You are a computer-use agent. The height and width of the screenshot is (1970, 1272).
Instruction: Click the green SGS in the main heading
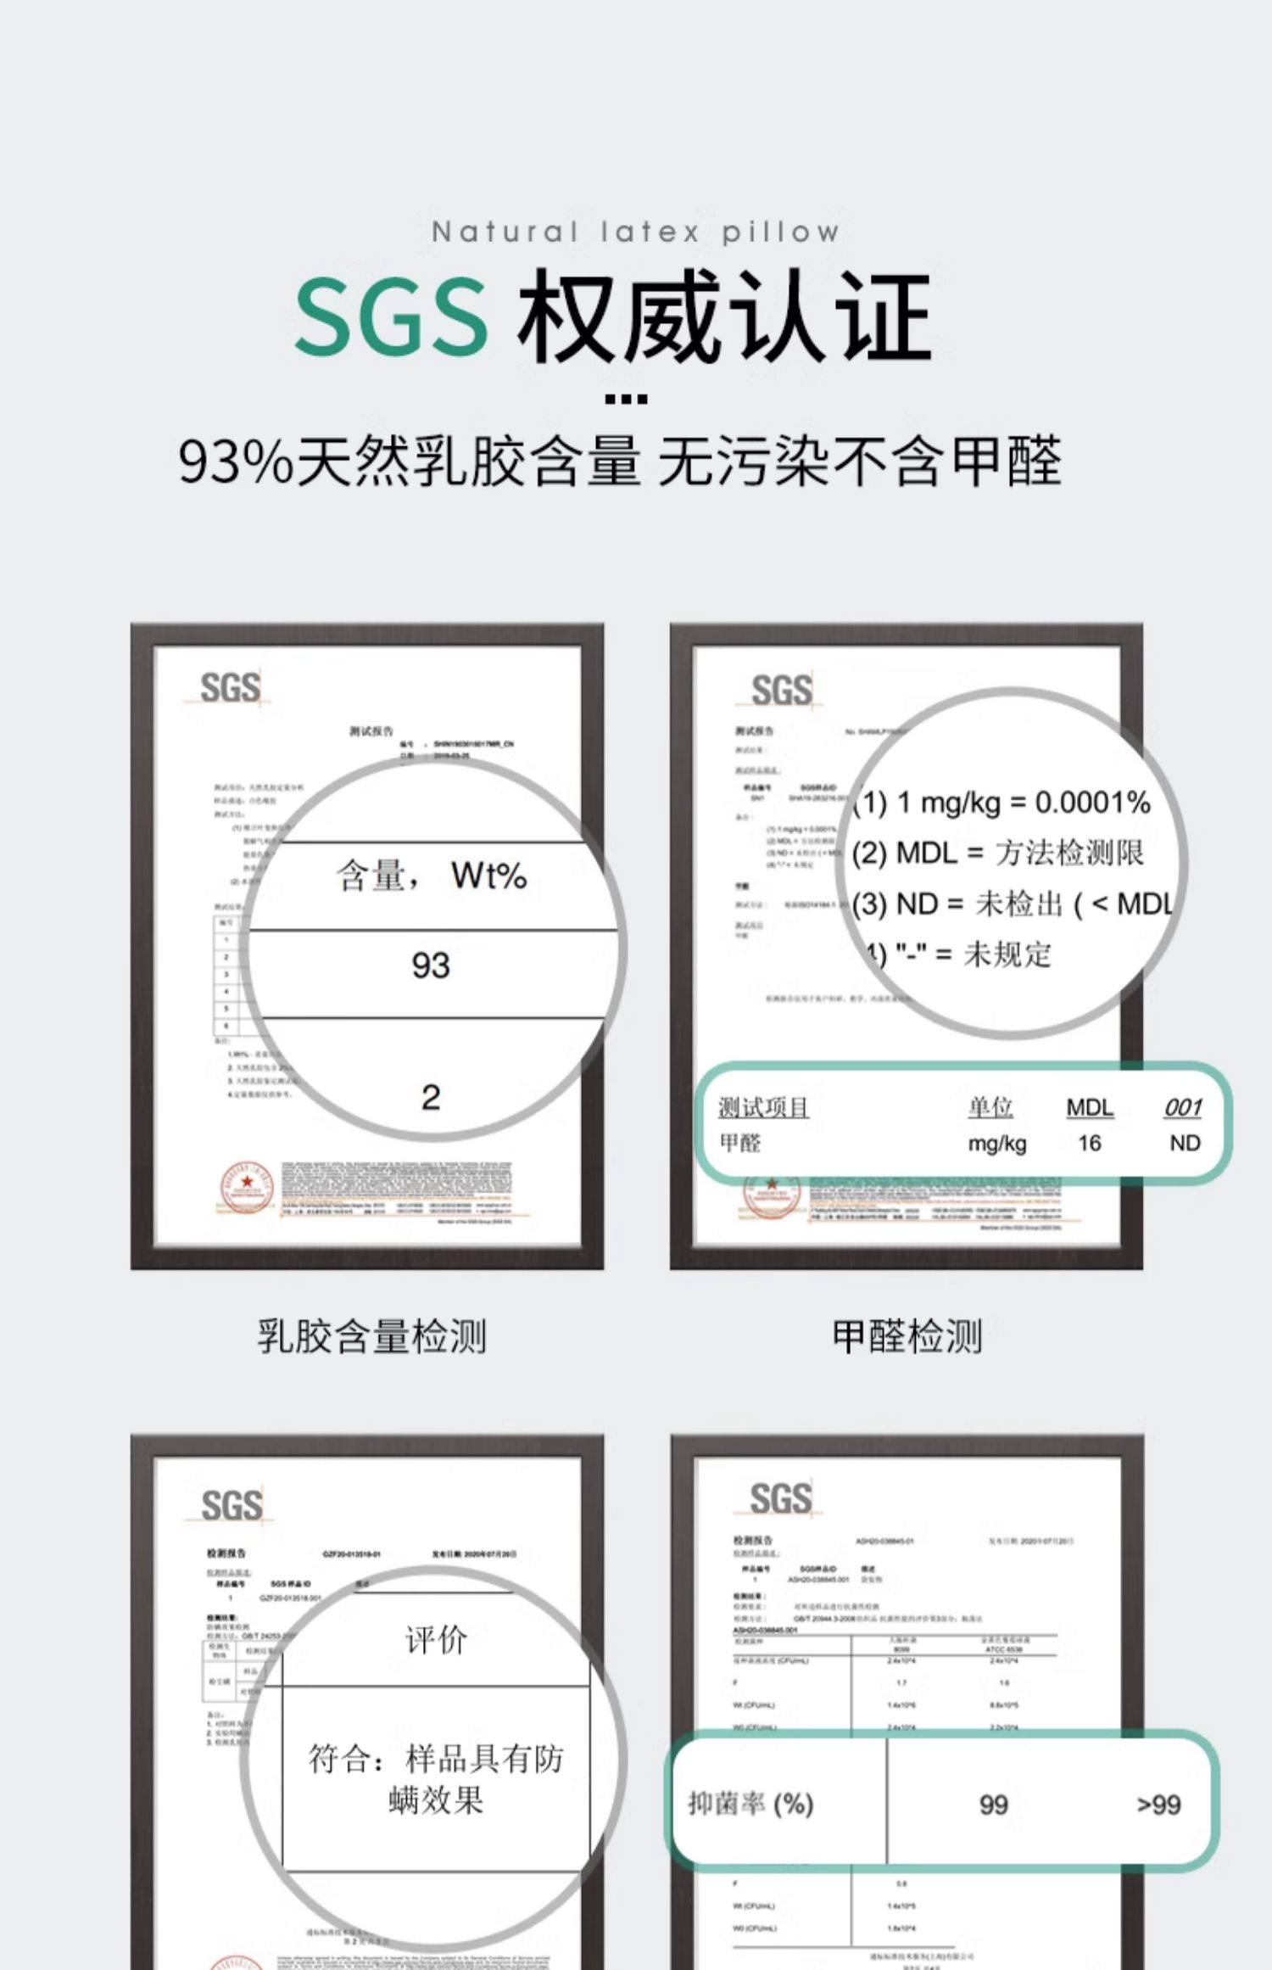point(392,316)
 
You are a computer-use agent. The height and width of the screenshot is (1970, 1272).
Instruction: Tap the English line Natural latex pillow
point(635,232)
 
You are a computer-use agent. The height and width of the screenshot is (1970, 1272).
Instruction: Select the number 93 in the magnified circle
point(430,965)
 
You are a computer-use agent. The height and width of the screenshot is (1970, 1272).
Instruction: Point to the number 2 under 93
point(430,1098)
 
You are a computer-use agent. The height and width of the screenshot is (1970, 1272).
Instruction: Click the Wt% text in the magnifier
point(488,876)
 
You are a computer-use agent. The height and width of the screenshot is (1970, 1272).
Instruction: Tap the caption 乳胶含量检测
point(371,1337)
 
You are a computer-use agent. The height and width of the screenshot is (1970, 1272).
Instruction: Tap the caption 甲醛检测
point(907,1337)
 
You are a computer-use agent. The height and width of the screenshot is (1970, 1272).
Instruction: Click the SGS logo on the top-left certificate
point(230,687)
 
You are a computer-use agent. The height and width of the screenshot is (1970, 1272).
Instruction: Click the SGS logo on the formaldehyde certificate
point(781,690)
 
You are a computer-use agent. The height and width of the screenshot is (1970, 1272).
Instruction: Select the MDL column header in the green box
point(1090,1107)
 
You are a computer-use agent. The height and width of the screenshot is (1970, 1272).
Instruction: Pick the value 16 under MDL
point(1089,1144)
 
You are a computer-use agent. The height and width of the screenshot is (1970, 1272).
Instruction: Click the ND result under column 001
point(1184,1144)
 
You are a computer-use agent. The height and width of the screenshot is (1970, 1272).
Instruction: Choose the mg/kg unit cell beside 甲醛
point(996,1144)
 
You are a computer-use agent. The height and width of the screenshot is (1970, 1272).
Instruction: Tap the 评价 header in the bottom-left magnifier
point(436,1641)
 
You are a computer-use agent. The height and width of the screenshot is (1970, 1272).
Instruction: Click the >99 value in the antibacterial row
point(1158,1805)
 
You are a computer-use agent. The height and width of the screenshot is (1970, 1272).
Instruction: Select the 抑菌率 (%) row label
point(750,1804)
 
